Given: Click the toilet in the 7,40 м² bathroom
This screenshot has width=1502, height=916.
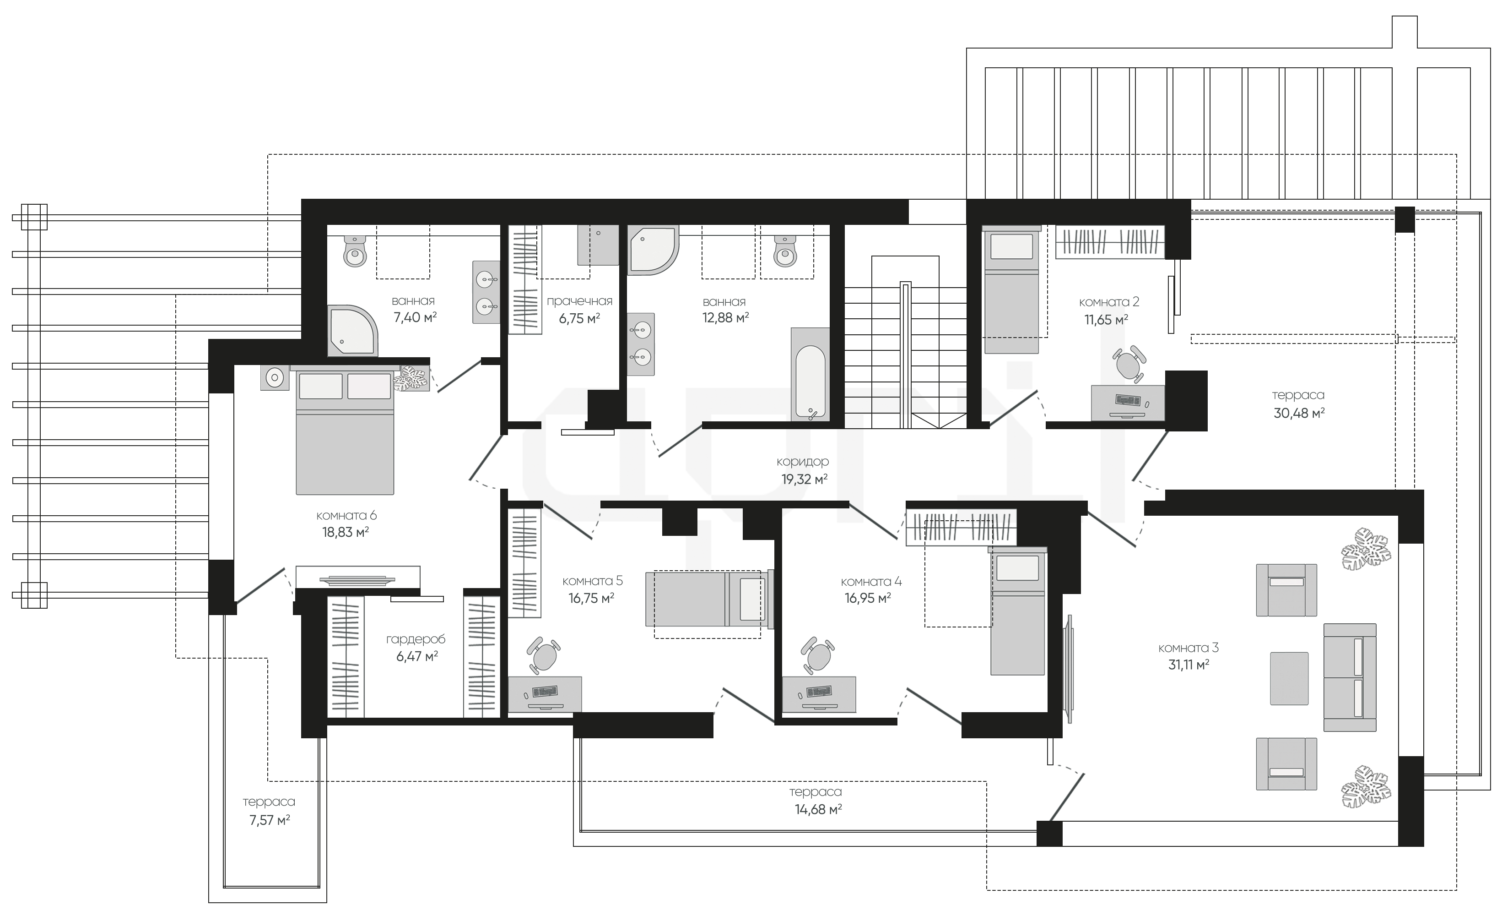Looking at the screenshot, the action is click(x=356, y=251).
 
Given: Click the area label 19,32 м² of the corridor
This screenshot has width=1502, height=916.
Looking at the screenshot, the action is click(x=805, y=480).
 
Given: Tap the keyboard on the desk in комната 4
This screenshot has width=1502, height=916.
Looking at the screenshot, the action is click(x=819, y=692).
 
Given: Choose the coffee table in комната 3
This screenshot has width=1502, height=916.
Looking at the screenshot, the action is click(x=1289, y=678).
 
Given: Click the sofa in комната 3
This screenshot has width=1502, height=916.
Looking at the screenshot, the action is click(x=1350, y=677).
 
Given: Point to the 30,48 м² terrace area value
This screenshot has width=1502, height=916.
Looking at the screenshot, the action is click(x=1299, y=413).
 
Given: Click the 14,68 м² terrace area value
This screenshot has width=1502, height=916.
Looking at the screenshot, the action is click(x=818, y=809).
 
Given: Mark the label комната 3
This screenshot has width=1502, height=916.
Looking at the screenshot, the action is click(x=1188, y=648).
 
